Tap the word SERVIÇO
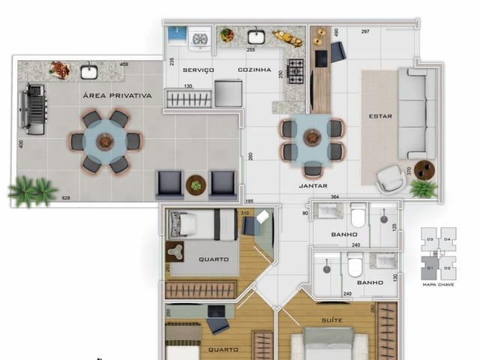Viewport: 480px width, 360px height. click(198, 70)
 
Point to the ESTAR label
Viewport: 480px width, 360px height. click(379, 116)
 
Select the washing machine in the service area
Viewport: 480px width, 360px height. click(200, 37)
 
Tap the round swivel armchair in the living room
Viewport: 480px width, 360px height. click(390, 178)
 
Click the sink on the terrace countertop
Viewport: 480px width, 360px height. click(88, 72)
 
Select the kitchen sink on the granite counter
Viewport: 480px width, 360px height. click(256, 36)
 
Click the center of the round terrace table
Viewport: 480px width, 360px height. click(105, 141)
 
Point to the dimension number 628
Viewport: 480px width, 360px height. click(66, 198)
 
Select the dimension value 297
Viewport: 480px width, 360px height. click(365, 31)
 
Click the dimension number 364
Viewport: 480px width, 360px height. click(334, 196)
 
